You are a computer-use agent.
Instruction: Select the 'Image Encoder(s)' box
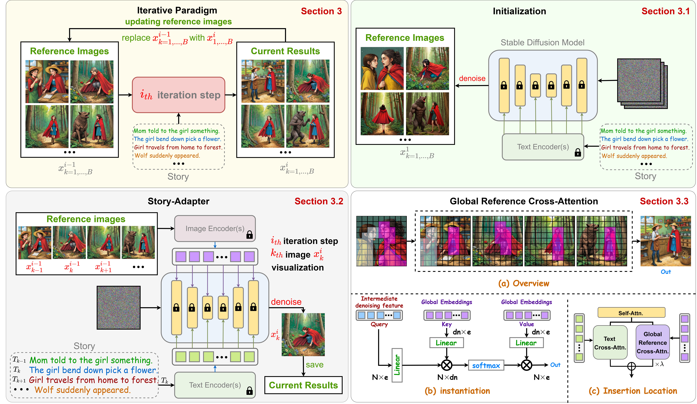[215, 228]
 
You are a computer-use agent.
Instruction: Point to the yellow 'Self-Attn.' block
[631, 313]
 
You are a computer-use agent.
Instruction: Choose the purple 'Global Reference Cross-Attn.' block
[652, 342]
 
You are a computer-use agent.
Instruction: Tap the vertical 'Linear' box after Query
[397, 365]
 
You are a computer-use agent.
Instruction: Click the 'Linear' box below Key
[446, 343]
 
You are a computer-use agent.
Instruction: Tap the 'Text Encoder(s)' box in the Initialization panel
[543, 147]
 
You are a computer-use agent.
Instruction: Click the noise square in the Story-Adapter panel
[118, 307]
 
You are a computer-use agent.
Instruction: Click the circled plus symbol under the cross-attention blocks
[631, 366]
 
